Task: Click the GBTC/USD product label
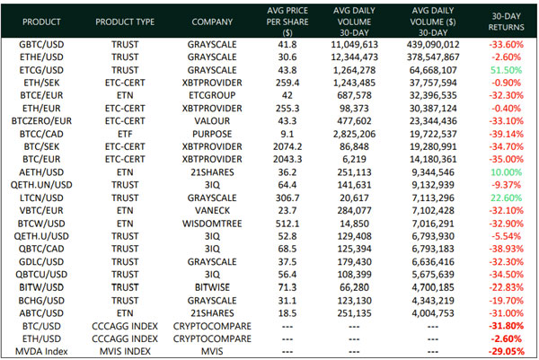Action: coord(40,43)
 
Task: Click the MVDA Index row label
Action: coord(40,351)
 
